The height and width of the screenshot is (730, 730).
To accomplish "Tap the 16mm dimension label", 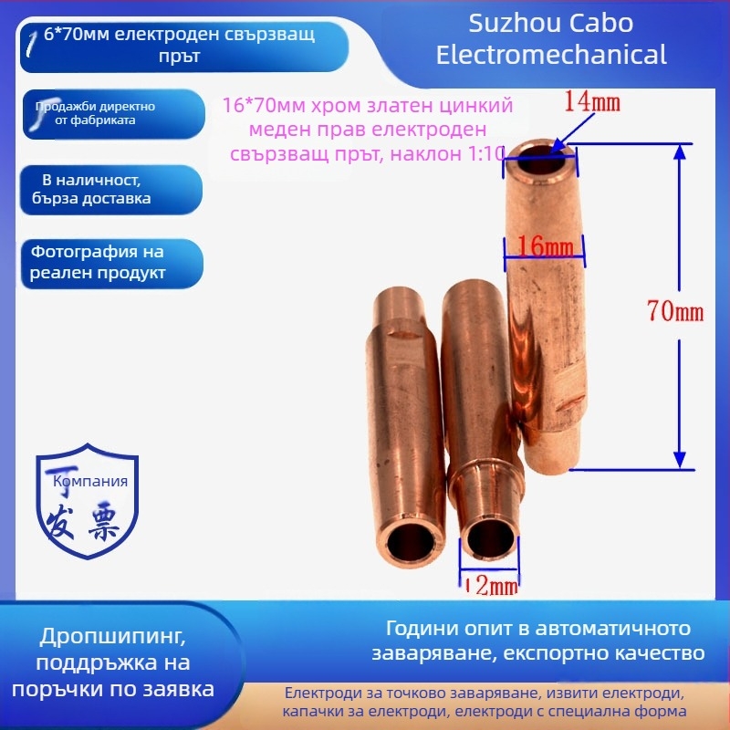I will pyautogui.click(x=546, y=245).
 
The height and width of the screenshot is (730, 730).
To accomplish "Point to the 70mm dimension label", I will pyautogui.click(x=675, y=311).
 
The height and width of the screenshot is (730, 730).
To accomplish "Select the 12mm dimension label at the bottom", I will pyautogui.click(x=493, y=584).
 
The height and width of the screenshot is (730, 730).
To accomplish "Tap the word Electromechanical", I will pyautogui.click(x=551, y=55).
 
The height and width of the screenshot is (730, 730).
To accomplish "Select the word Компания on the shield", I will pyautogui.click(x=91, y=481).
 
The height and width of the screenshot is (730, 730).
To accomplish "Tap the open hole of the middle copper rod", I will pyautogui.click(x=488, y=537).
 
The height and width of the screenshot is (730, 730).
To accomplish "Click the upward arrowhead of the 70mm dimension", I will pyautogui.click(x=680, y=153).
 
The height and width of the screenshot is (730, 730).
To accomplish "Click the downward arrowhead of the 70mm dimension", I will pyautogui.click(x=680, y=459).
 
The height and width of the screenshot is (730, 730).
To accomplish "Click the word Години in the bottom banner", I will pyautogui.click(x=419, y=629).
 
